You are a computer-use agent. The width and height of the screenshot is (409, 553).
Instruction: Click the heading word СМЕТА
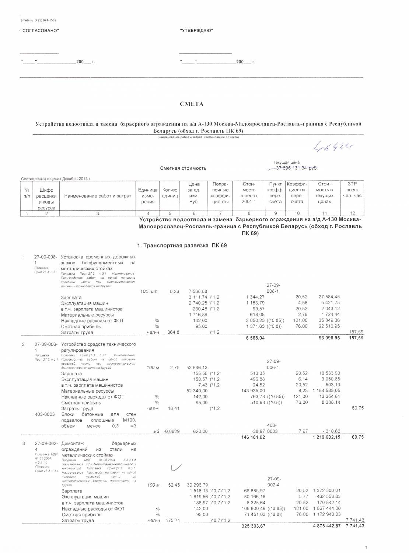(x=191, y=104)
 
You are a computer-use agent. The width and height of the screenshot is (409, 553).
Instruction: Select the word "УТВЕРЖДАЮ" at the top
(x=196, y=31)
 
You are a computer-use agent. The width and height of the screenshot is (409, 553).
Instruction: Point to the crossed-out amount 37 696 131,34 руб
(x=293, y=168)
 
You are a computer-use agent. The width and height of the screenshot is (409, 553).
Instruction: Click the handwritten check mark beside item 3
(x=176, y=468)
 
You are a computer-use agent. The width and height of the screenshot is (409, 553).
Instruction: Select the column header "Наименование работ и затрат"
(x=98, y=196)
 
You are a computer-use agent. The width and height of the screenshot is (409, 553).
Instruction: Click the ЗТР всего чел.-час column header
(x=352, y=190)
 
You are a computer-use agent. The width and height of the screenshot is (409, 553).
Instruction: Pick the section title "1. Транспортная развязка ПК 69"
(x=182, y=246)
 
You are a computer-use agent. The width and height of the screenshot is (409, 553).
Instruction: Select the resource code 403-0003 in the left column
(x=45, y=414)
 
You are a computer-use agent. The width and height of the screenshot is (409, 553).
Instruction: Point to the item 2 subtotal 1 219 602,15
(x=326, y=437)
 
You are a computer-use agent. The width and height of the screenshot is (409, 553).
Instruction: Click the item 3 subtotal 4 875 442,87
(x=326, y=526)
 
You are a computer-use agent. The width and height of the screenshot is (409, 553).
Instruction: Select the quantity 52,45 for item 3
(x=174, y=485)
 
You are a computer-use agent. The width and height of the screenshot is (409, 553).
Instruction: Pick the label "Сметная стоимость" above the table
(x=183, y=168)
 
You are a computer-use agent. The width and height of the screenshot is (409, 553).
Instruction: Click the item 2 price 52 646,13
(x=197, y=368)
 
